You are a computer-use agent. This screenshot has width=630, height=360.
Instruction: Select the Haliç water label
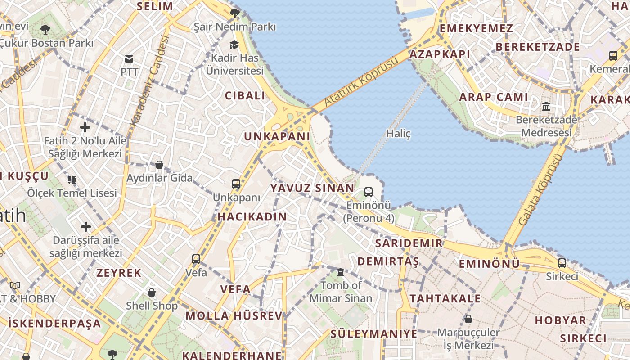(x=398, y=134)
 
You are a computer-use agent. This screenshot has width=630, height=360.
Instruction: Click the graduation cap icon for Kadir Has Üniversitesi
(x=234, y=45)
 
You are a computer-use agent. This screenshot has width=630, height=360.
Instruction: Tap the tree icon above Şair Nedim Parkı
(x=234, y=13)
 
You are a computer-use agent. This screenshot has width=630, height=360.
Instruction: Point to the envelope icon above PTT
(x=129, y=59)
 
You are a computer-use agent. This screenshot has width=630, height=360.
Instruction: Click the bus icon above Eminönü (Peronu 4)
(x=369, y=192)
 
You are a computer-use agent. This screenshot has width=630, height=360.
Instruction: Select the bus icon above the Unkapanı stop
(x=236, y=184)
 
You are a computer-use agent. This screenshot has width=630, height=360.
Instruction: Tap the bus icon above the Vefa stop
(x=196, y=259)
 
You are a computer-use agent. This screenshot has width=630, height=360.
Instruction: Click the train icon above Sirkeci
(x=562, y=263)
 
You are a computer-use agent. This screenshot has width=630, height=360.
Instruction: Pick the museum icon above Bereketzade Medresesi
(x=546, y=107)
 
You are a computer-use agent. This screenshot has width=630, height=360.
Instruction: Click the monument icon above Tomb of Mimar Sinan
(x=341, y=272)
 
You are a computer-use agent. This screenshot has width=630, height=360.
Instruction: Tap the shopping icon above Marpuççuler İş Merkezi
(x=468, y=319)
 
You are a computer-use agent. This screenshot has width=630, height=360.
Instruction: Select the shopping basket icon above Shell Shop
(x=152, y=292)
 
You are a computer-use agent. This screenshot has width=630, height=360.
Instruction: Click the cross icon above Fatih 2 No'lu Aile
(x=85, y=127)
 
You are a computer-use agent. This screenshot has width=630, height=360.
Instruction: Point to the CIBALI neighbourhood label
(x=245, y=95)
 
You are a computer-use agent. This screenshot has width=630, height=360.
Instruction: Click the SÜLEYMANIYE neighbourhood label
(x=373, y=333)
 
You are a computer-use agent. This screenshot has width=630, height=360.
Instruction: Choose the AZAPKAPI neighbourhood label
(x=440, y=54)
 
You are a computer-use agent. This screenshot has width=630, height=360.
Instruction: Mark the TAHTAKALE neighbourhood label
(x=445, y=298)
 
